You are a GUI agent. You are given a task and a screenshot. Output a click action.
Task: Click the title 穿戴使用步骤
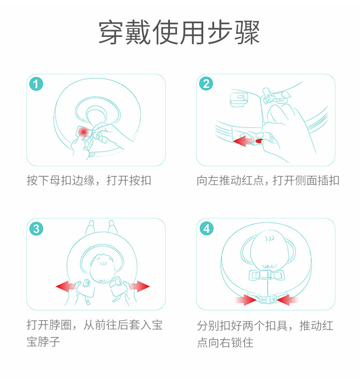point(179,32)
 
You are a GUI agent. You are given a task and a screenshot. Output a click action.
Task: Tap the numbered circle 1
point(36,84)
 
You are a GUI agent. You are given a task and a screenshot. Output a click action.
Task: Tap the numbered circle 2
point(206,84)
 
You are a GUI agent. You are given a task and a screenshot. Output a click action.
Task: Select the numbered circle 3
point(36,229)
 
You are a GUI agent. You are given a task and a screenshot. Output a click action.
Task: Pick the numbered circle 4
point(206,229)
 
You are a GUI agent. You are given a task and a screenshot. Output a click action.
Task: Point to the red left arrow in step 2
point(242,141)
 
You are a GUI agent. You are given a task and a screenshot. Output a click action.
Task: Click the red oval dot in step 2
point(259,141)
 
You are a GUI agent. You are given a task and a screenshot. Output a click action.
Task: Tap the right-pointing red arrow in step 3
point(139,286)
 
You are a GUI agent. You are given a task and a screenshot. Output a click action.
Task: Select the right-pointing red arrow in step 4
point(245,300)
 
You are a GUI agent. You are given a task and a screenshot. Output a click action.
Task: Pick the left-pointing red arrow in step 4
point(288,300)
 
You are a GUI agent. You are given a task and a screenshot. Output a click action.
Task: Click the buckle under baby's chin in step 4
point(267,276)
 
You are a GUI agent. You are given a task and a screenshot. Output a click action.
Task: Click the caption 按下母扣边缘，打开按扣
point(89,180)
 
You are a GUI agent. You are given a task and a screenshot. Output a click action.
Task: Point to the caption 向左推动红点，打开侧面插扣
point(268,180)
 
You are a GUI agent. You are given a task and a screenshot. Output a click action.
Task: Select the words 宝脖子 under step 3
point(43,342)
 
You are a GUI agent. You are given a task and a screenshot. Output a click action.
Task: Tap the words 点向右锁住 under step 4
point(225,342)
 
